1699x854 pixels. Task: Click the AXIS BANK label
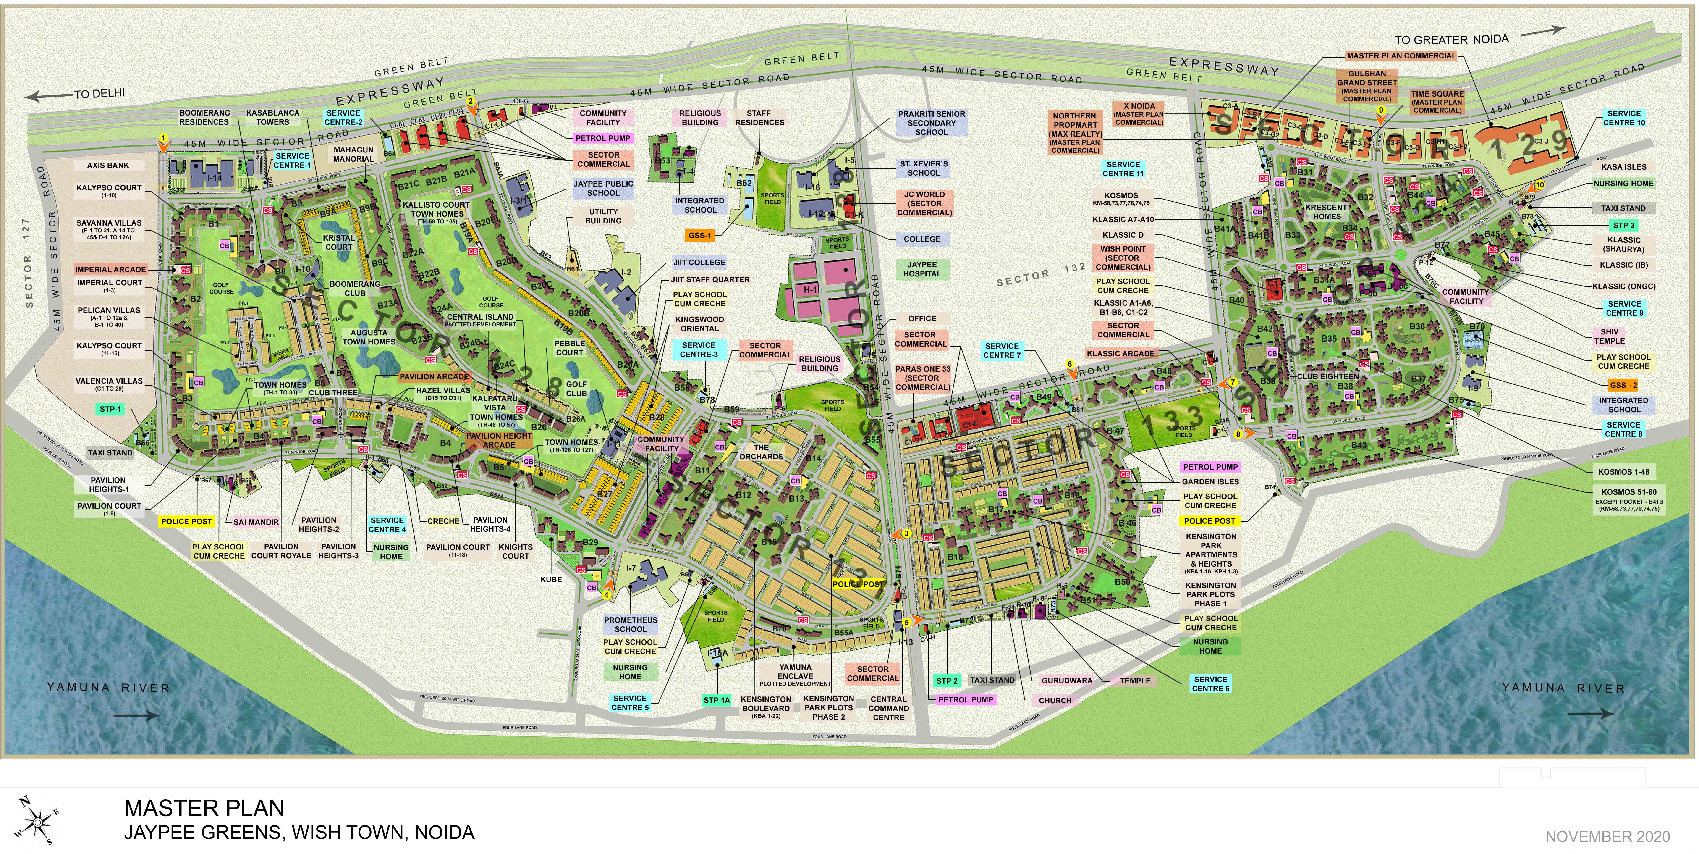(108, 166)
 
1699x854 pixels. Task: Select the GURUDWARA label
(1066, 681)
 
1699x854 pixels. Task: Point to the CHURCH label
(1055, 701)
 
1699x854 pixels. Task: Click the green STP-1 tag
(111, 409)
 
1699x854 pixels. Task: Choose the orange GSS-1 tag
(700, 235)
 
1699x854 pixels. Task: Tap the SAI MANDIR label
(256, 522)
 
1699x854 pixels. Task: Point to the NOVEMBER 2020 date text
(1607, 837)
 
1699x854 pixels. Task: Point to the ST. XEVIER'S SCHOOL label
(923, 168)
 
